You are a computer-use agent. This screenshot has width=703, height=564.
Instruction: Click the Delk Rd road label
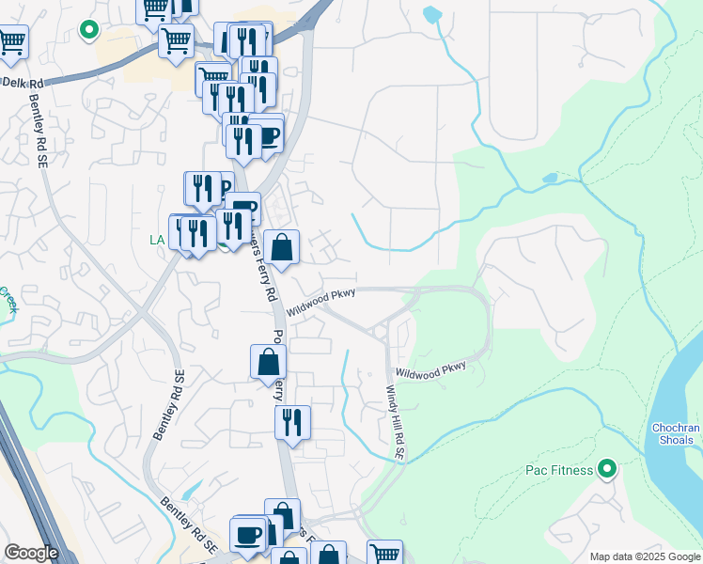click(x=23, y=84)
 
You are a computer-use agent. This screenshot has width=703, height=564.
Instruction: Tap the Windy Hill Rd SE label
click(x=397, y=422)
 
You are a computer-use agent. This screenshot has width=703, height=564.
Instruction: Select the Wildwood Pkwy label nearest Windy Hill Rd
click(x=430, y=371)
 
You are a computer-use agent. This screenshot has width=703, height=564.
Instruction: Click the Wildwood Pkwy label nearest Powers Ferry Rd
click(x=321, y=301)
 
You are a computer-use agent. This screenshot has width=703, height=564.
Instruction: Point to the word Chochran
click(x=676, y=429)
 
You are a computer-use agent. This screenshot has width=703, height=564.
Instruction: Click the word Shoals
click(x=676, y=442)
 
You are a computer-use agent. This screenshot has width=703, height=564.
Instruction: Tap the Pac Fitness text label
click(x=558, y=470)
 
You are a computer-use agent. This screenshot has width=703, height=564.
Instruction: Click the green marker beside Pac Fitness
click(x=607, y=468)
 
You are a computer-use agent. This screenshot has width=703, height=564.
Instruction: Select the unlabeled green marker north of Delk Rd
click(x=89, y=30)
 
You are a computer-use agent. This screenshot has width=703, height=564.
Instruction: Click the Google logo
click(x=31, y=553)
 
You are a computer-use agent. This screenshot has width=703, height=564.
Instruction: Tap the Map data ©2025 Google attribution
click(x=645, y=556)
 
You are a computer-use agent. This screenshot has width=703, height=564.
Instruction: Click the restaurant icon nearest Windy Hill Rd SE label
click(x=292, y=422)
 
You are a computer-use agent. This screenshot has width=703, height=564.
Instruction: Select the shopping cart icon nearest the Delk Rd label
click(x=11, y=40)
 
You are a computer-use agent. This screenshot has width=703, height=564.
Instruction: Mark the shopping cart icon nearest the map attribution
click(x=384, y=555)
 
